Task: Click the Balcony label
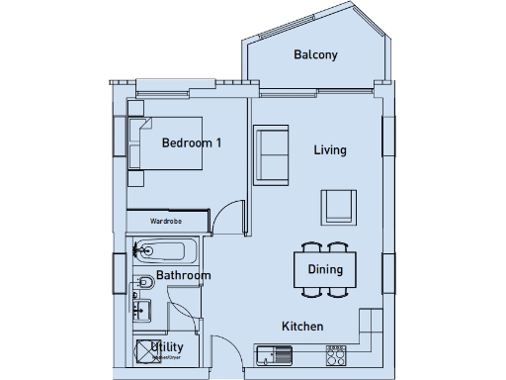(315, 55)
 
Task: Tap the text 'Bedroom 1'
(192, 142)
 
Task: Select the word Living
(330, 150)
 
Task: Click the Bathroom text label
(183, 275)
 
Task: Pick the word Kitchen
(302, 327)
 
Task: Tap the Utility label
(169, 346)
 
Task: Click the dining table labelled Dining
(325, 269)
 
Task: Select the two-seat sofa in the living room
(270, 155)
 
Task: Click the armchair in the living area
(337, 206)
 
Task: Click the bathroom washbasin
(140, 310)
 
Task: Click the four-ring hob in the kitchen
(336, 351)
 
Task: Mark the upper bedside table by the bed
(136, 127)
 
